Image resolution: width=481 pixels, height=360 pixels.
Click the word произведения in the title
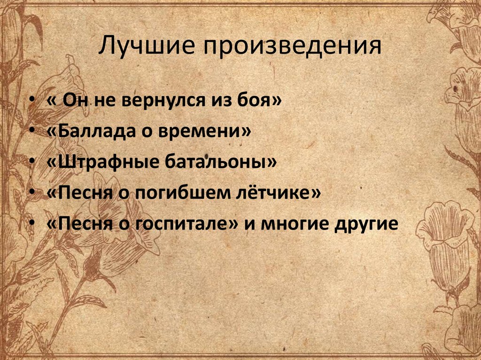[x=291, y=47]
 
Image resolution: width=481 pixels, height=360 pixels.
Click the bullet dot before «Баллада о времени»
[x=31, y=133]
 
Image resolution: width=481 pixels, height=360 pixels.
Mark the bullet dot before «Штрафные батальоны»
[x=31, y=163]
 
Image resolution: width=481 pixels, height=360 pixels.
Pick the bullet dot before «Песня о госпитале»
[x=31, y=224]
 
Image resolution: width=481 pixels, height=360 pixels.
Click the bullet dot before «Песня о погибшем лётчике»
[x=31, y=193]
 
